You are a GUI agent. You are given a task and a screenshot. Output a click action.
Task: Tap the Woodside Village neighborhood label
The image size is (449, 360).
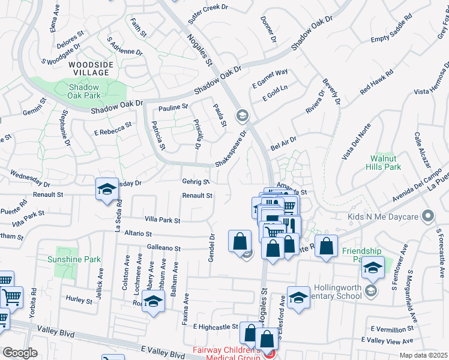pos(88,68)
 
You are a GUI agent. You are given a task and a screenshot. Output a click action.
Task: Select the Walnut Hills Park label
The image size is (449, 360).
pos(384,163)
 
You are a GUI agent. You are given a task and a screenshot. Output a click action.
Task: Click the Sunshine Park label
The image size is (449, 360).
pos(74,259)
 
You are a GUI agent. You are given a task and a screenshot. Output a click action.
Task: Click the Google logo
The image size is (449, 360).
pos(20,353)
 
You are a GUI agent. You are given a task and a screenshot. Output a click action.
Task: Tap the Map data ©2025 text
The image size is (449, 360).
pos(424,355)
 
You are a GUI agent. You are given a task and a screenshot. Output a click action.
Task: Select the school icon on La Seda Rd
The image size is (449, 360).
pos(106,189)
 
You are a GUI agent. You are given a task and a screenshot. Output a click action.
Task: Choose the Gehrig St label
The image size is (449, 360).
pos(196,181)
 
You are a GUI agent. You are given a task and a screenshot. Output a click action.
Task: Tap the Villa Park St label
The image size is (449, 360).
pos(162,221)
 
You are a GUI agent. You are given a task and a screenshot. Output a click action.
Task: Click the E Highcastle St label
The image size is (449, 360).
pos(215,326)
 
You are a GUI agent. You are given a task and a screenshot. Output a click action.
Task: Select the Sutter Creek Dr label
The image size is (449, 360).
pos(208,13)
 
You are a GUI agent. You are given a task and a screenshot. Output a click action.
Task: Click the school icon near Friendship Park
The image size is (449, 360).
pos(372,268)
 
